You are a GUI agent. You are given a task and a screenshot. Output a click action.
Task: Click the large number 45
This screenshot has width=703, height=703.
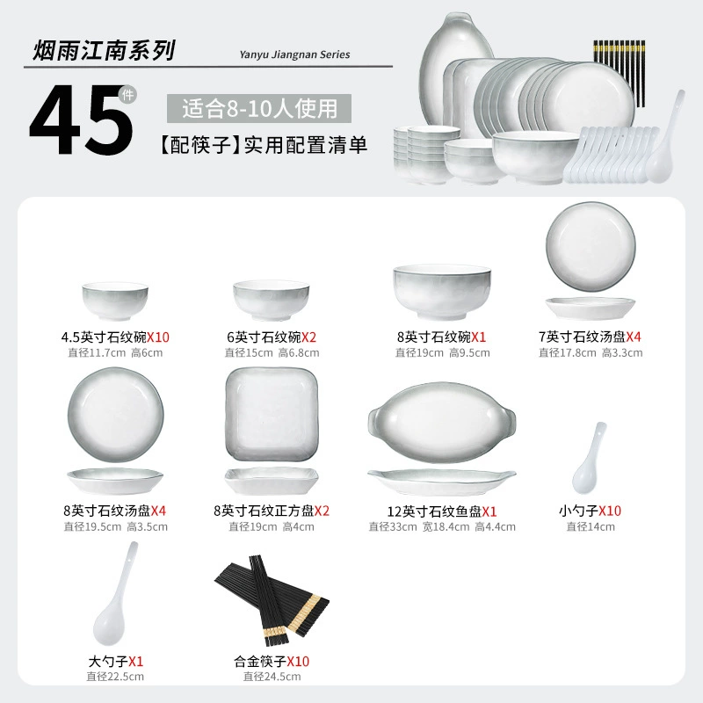coord(81,120)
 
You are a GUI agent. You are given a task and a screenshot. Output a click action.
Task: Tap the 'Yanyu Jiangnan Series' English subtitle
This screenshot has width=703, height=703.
coord(294,54)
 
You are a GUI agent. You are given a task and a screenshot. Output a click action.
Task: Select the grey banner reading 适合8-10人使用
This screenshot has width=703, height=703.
coord(259,108)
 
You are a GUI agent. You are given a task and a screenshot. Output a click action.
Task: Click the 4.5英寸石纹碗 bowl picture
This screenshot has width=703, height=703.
coord(115,301)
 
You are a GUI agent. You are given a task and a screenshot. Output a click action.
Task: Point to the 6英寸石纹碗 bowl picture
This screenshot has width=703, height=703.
coord(272,300)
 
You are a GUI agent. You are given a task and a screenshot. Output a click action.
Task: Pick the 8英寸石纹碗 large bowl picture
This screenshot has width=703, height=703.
coord(442,292)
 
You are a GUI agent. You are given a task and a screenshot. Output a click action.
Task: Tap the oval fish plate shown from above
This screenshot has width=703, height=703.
coord(442,422)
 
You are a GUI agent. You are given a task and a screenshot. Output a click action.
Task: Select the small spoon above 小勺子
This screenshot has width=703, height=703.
coord(589,458)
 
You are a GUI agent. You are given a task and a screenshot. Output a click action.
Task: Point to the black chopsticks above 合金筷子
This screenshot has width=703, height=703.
coord(272,600)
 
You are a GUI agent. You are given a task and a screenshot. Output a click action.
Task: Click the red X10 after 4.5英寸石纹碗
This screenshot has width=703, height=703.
coord(158,337)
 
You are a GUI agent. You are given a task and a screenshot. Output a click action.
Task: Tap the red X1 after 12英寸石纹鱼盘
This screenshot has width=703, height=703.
coord(489,511)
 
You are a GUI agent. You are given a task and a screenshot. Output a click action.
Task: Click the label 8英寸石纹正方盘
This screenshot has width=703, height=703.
coord(264,511)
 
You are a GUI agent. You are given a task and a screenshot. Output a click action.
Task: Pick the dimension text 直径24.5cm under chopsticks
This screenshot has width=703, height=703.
coord(272,677)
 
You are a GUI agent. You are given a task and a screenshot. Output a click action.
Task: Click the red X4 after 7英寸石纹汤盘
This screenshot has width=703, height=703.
coord(634,337)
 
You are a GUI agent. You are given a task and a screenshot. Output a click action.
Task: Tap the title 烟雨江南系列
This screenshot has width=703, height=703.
coord(104,50)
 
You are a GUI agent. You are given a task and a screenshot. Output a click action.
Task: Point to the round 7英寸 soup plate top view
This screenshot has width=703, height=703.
coord(591,246)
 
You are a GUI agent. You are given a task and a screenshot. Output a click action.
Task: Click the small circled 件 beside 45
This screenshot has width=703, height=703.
coord(127,95)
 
